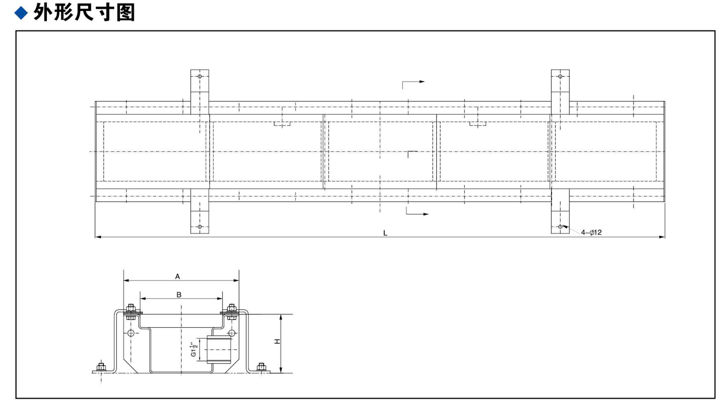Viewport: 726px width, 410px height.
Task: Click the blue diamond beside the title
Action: click(x=21, y=13)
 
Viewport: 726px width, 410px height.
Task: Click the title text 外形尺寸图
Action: click(x=84, y=13)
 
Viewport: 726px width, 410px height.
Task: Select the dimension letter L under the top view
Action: click(x=385, y=233)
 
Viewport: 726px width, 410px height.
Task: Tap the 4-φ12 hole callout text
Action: click(x=591, y=233)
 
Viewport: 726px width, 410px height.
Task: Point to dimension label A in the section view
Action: click(x=178, y=276)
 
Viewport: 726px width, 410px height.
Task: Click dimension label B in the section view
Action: click(x=179, y=295)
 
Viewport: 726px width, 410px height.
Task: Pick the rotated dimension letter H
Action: click(x=277, y=341)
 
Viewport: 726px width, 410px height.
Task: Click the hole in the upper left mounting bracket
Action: click(x=200, y=76)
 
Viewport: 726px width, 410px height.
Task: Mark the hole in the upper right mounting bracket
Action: click(x=560, y=76)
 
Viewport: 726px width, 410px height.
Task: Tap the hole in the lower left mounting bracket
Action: click(x=200, y=227)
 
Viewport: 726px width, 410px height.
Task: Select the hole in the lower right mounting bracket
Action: click(x=560, y=227)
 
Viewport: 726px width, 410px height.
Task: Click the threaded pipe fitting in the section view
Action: click(x=218, y=350)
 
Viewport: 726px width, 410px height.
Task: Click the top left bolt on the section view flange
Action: click(x=130, y=312)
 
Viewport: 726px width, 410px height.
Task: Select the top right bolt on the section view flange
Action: click(x=232, y=312)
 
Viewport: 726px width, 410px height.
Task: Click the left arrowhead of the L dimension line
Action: click(x=98, y=237)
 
